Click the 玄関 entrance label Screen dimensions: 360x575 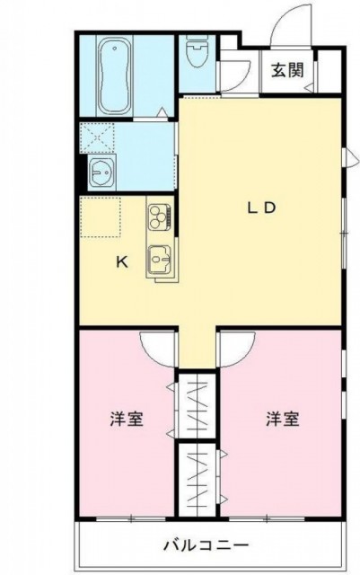[287, 70]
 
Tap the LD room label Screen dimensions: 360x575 [261, 208]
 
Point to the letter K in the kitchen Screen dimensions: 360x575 [122, 261]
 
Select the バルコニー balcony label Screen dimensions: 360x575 [206, 545]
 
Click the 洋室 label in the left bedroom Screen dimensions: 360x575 [127, 419]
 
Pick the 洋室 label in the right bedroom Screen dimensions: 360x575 [282, 419]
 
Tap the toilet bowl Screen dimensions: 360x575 [198, 50]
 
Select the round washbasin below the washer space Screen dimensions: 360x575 [102, 172]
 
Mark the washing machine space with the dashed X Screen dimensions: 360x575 [97, 137]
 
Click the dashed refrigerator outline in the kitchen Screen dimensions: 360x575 [101, 217]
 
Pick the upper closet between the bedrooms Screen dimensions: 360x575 [196, 405]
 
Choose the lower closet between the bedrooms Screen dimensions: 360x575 [196, 479]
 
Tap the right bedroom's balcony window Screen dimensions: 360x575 [267, 519]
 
